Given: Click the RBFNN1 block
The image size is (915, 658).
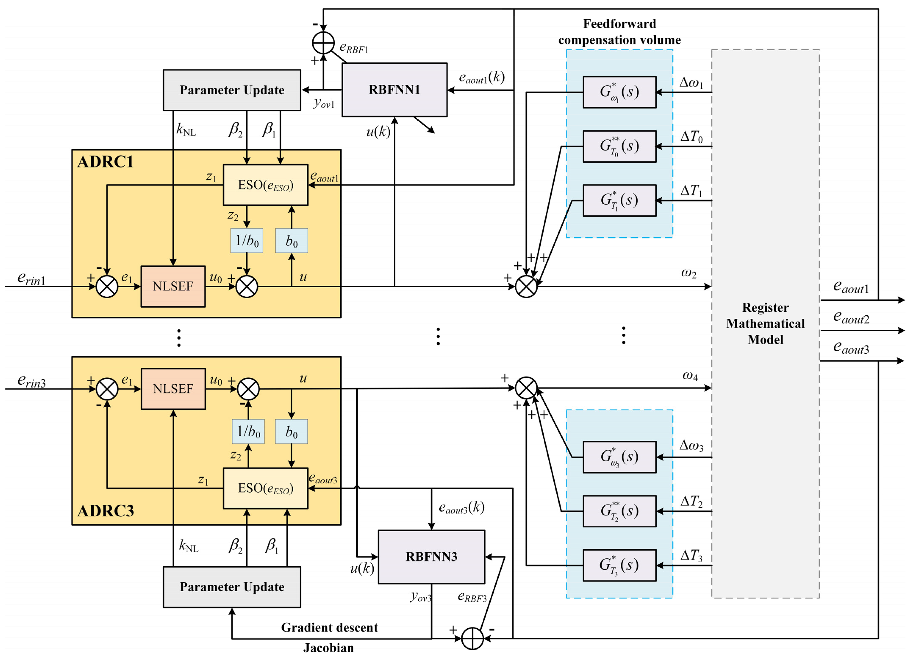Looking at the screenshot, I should [x=394, y=89].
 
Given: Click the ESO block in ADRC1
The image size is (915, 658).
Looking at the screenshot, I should [x=266, y=185].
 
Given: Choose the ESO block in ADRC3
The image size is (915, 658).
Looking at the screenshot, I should [x=266, y=488].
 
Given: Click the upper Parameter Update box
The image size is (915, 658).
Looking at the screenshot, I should [x=232, y=90].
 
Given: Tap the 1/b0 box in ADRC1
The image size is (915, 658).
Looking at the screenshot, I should [x=246, y=241].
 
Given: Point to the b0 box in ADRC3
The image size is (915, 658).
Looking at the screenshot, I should [x=291, y=431].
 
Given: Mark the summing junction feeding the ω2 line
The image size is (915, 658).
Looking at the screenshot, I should [x=526, y=287].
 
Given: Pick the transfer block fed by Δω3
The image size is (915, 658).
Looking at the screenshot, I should [x=619, y=457].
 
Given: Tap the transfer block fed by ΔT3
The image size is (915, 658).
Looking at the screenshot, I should [x=619, y=565].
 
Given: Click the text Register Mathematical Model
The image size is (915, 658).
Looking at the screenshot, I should [x=765, y=323].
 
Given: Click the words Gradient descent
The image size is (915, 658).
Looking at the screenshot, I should [x=329, y=627].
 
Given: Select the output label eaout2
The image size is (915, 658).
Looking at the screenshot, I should [x=851, y=317].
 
